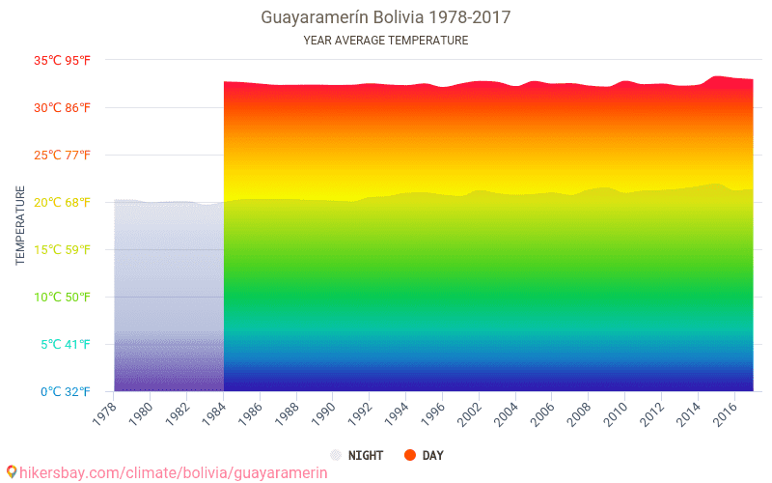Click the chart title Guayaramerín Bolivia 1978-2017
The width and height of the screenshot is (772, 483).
(x=386, y=17)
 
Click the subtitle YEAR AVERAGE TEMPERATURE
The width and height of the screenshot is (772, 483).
(x=386, y=41)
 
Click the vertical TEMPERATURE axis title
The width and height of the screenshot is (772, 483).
(x=20, y=226)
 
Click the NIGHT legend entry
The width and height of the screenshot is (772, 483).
(x=357, y=455)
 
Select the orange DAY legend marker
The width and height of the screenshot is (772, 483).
(x=409, y=455)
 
